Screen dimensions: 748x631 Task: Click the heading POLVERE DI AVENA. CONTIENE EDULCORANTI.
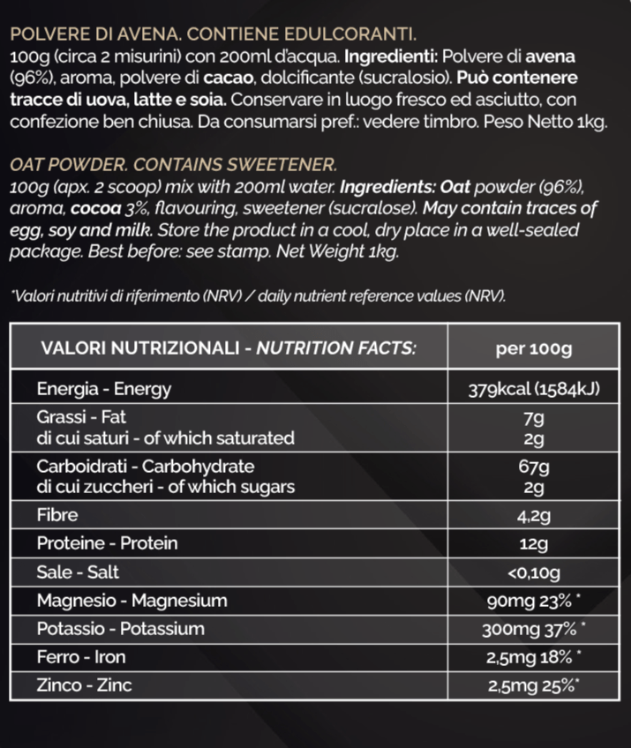[212, 35]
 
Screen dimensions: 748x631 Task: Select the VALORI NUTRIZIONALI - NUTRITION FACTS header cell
[229, 348]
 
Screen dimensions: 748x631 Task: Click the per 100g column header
[535, 348]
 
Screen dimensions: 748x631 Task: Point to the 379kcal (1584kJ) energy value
[535, 389]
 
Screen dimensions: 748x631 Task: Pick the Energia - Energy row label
[104, 389]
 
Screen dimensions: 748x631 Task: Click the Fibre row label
[57, 514]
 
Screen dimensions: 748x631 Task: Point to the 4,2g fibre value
[535, 514]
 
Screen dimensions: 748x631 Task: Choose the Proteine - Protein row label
[107, 543]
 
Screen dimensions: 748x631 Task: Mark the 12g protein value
[535, 543]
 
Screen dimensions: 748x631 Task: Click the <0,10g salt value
[535, 573]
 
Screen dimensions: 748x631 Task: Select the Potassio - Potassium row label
[121, 629]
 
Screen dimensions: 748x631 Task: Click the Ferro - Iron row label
[81, 657]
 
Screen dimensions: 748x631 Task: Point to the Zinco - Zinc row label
[85, 685]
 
